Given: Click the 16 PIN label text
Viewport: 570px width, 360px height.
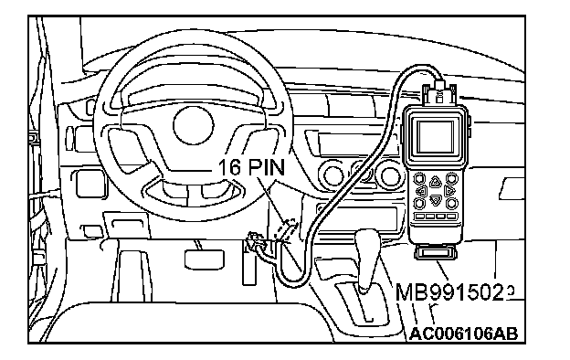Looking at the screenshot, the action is click(x=251, y=167).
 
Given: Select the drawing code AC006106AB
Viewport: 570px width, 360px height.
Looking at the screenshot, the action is click(x=463, y=334).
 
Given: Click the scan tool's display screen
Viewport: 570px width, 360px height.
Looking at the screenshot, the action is click(x=436, y=137).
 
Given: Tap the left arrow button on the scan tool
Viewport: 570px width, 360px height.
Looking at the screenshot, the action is click(x=421, y=191).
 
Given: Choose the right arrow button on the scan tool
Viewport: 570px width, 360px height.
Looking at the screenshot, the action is click(x=449, y=191).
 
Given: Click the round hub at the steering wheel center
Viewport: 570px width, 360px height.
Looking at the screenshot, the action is click(x=193, y=125).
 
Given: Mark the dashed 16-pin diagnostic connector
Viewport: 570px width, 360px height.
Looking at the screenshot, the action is click(x=287, y=230).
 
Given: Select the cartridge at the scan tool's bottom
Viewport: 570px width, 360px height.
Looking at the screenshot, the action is click(x=436, y=252).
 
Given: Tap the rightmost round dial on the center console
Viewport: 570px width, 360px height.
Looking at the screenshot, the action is click(x=389, y=175).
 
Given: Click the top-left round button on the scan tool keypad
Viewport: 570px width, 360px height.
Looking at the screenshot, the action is click(x=419, y=178).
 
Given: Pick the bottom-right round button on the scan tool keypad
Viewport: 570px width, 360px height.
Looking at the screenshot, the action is click(x=451, y=203).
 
